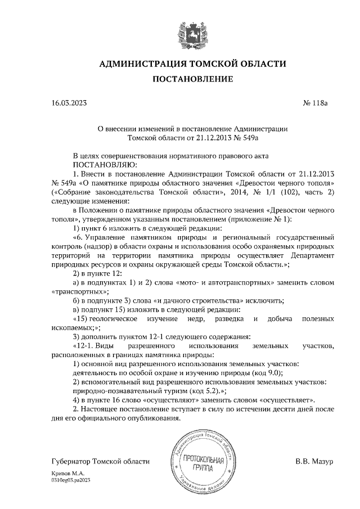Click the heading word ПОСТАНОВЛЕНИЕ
click(193, 80)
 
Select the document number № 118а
click(319, 103)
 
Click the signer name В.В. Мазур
click(314, 461)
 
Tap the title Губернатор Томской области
click(100, 461)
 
